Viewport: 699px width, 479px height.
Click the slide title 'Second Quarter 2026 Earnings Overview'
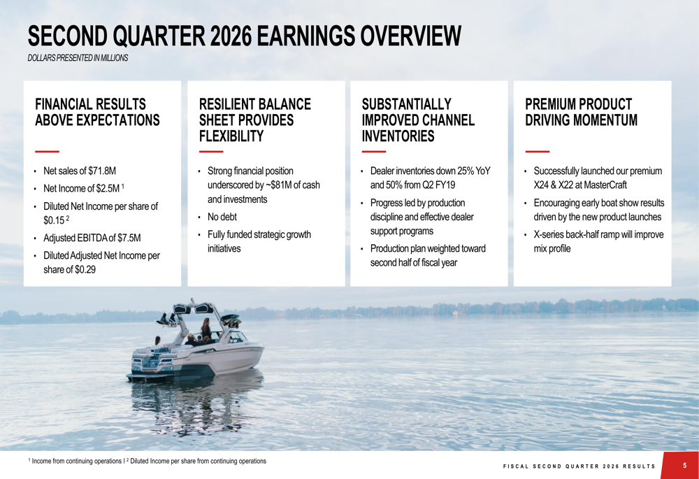(244, 36)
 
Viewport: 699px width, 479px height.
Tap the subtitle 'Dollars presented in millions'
(78, 58)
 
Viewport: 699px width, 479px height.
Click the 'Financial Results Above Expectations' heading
(97, 112)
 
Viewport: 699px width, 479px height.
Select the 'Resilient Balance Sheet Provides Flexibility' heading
(255, 120)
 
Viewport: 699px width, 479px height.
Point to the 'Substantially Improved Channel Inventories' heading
(418, 120)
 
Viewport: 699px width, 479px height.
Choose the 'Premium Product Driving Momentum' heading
(581, 112)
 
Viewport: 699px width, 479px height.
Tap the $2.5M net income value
(106, 188)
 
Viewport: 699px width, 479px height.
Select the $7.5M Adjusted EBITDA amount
(128, 238)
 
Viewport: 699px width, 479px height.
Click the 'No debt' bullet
(222, 217)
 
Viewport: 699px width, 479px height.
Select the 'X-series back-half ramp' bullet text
(598, 234)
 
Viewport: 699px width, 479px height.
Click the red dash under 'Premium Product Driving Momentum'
(537, 151)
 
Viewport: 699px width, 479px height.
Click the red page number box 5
(684, 466)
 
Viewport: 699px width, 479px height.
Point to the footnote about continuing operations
(147, 462)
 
